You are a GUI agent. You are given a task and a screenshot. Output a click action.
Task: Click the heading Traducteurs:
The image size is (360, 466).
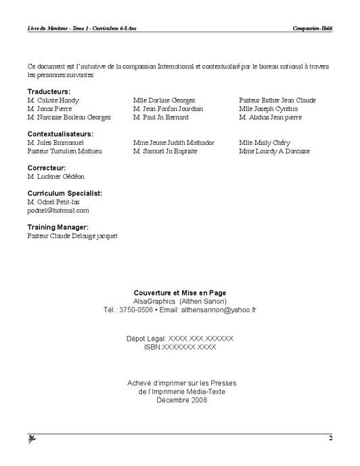coord(49,91)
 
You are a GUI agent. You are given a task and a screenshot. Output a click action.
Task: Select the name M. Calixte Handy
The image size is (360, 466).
coord(53,100)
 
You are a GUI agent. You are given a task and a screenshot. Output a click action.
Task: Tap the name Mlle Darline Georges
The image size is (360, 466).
coord(164,100)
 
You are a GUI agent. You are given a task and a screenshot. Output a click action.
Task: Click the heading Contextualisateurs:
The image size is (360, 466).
coord(60,134)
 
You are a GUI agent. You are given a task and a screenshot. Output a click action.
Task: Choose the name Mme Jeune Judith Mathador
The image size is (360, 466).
coord(174,143)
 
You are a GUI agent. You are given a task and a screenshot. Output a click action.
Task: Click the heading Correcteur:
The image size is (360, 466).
coord(47,167)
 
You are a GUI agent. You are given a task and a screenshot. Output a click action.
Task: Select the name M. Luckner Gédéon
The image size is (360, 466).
coord(56,176)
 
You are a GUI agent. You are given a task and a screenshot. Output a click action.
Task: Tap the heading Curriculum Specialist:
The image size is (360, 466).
coord(65,193)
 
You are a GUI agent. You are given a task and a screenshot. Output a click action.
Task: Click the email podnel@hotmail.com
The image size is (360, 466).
coord(58,210)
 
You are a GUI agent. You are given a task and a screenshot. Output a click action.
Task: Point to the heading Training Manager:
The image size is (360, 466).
coord(58,227)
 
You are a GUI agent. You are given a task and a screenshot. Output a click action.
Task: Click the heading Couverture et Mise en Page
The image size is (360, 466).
coord(180,293)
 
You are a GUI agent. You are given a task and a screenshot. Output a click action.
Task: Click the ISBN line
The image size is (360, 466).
coord(180,346)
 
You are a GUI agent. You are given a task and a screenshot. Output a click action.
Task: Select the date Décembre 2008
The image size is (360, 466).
coord(180,400)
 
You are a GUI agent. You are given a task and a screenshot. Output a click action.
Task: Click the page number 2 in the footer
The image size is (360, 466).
coord(331,439)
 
